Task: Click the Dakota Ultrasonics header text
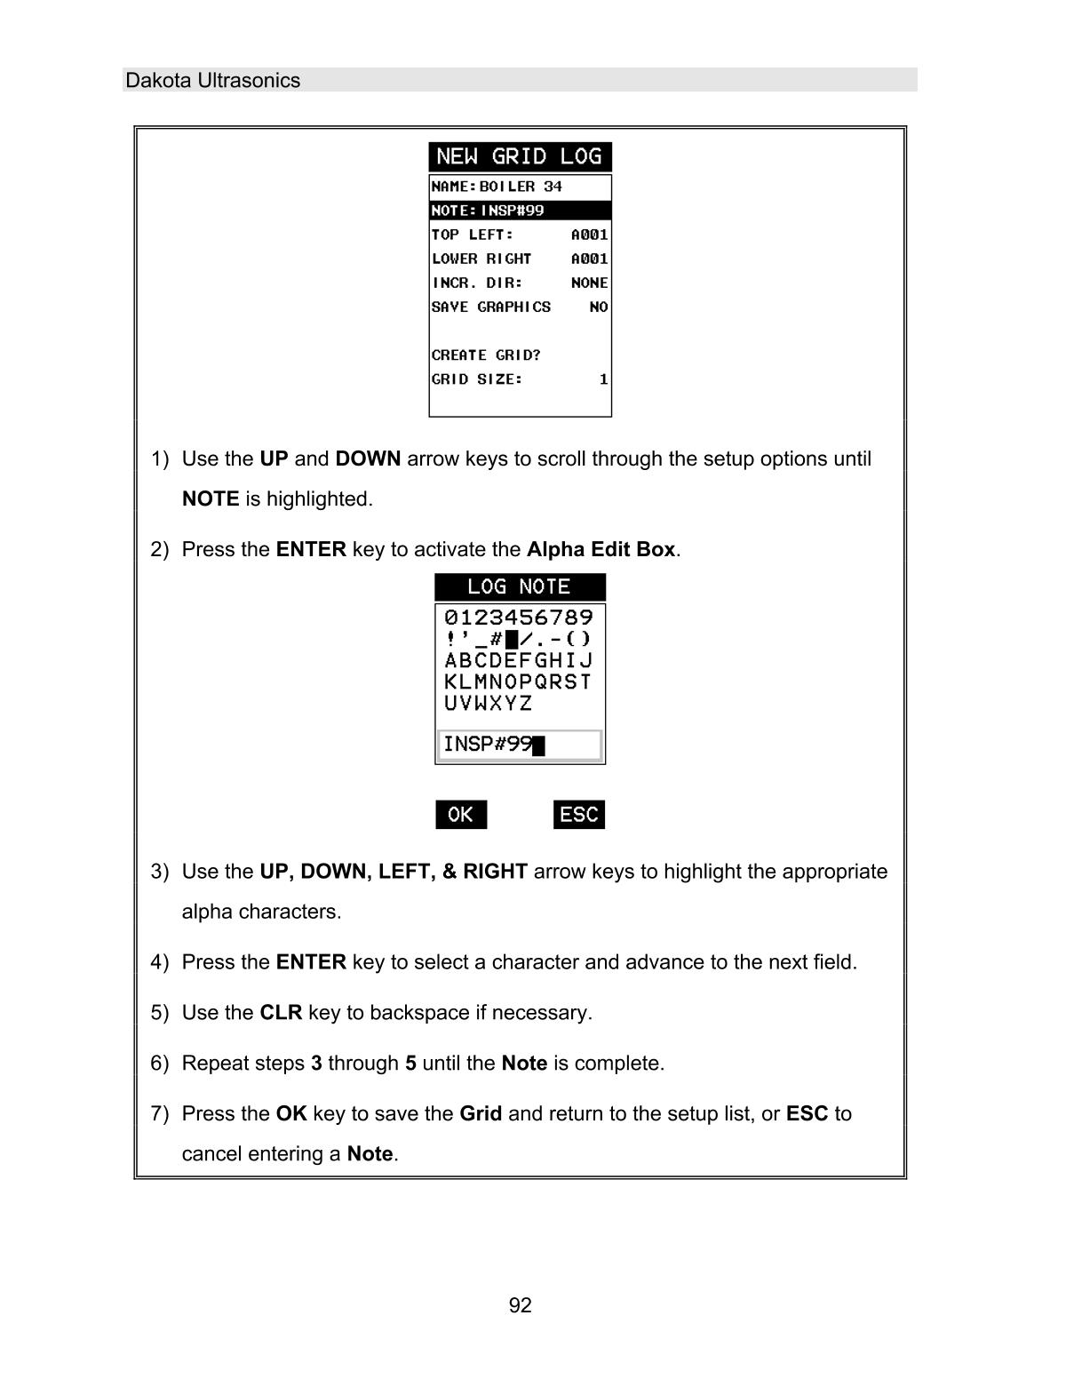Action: [x=212, y=80]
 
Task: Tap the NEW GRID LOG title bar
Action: [x=520, y=157]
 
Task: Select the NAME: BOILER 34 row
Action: [x=520, y=187]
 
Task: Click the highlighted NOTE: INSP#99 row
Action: [x=520, y=211]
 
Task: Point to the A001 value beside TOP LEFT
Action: [x=589, y=235]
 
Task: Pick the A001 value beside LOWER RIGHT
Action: [x=589, y=259]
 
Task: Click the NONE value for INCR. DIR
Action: [x=589, y=283]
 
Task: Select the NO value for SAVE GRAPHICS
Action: [x=598, y=307]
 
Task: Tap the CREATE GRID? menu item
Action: [x=486, y=355]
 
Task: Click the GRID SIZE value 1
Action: [x=603, y=379]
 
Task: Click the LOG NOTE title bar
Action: [x=520, y=586]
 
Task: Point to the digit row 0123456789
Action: [x=519, y=617]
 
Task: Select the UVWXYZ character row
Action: [x=488, y=703]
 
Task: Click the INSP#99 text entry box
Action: [x=520, y=745]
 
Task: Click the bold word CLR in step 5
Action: [x=281, y=1013]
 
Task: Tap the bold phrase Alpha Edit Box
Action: [x=601, y=549]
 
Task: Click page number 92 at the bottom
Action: [x=520, y=1305]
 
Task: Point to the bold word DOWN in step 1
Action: [x=368, y=459]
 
